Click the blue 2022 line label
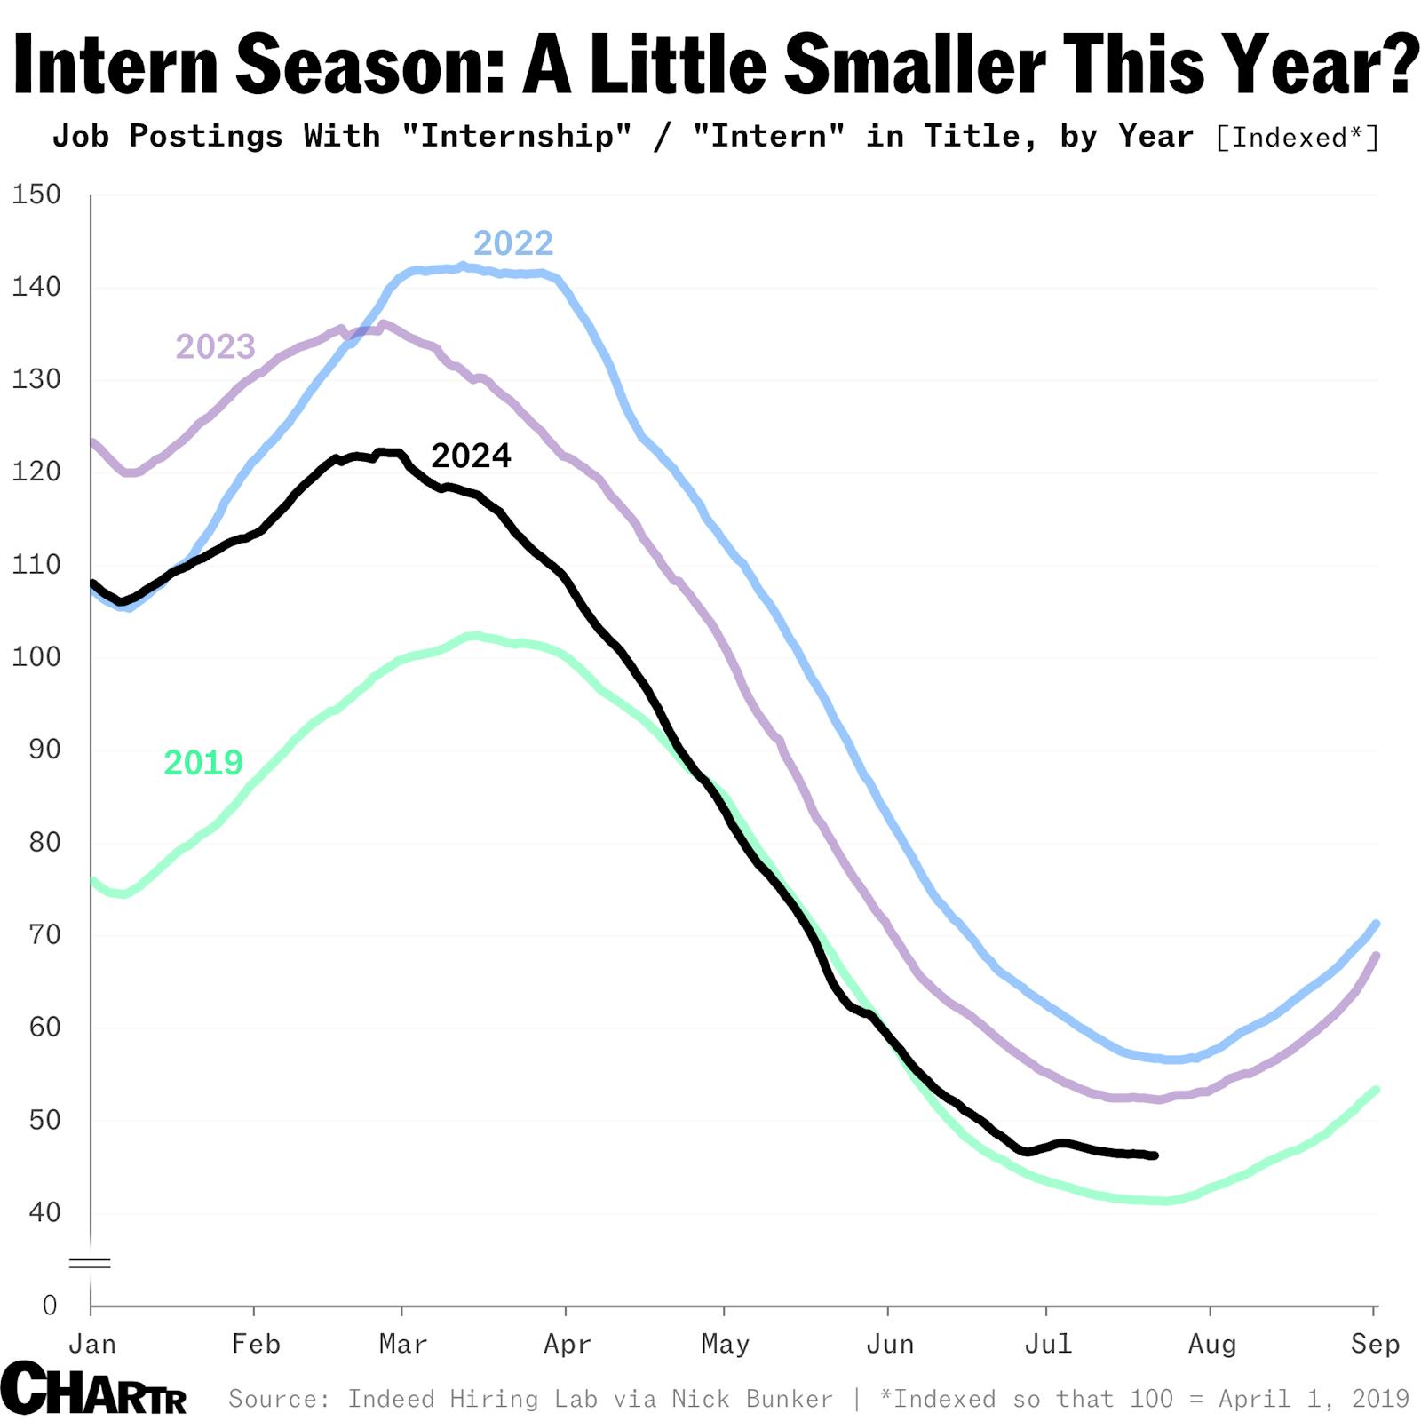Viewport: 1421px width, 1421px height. pos(512,243)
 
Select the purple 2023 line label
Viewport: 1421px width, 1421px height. pos(215,346)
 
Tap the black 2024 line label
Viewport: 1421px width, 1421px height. pos(471,456)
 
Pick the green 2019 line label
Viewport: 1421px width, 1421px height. pos(203,762)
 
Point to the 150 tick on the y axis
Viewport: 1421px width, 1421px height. pos(36,194)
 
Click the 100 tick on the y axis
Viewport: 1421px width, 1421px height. pos(36,657)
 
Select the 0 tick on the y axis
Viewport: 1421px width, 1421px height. pos(50,1305)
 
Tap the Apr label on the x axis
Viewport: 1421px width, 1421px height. pos(567,1344)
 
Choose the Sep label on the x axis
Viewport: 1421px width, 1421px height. pos(1375,1344)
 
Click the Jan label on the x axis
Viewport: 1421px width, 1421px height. pos(92,1344)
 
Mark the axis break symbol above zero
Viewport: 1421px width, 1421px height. pos(90,1263)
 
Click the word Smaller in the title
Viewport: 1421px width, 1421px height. pos(915,65)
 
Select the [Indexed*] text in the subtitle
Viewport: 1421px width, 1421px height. pos(1298,138)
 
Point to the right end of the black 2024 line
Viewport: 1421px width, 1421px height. pos(1154,1155)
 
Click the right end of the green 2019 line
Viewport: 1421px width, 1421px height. pos(1376,1090)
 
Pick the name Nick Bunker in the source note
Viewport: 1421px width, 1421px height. pos(752,1399)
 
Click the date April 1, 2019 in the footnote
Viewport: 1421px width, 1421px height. pos(1314,1399)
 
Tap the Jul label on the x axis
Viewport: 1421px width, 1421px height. pos(1048,1344)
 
